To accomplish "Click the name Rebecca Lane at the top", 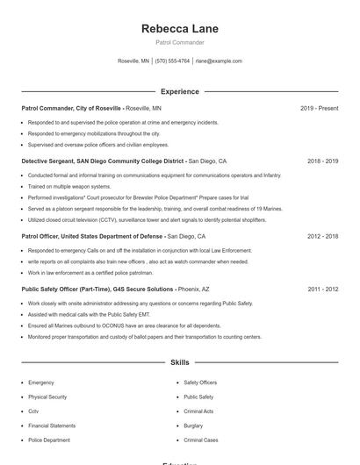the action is (x=179, y=29).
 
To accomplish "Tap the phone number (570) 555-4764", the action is (x=173, y=61).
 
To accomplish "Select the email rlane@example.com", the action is (x=219, y=61).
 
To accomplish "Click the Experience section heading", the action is (x=179, y=91).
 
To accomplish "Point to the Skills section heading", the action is (x=179, y=361).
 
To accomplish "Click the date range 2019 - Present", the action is (x=319, y=108).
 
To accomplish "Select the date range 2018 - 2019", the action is (x=322, y=161).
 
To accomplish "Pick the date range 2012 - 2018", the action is (x=322, y=236).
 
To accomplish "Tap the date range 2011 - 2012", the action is (x=322, y=289).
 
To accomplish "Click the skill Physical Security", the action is (x=47, y=397).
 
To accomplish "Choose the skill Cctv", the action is (x=33, y=411).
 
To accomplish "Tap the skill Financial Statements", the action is (x=52, y=426).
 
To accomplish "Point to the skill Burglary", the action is (x=193, y=426).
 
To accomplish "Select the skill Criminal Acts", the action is (x=198, y=411).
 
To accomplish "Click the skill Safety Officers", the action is (x=200, y=383).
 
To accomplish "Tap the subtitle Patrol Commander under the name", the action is (x=179, y=42).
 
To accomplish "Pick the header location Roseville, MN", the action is (x=133, y=61).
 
